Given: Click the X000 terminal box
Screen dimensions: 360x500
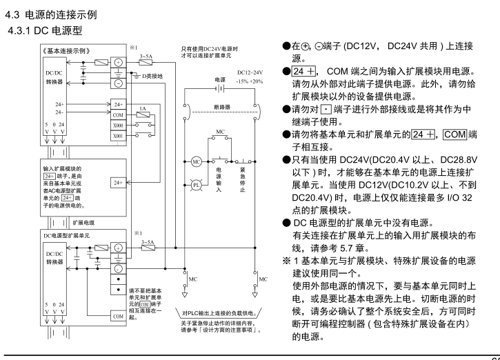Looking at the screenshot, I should (x=117, y=126).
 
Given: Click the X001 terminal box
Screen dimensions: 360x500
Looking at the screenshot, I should (x=117, y=137).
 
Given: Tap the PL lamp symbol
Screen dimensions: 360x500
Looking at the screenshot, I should (x=196, y=186).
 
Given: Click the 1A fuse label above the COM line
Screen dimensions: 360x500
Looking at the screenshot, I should (x=142, y=109).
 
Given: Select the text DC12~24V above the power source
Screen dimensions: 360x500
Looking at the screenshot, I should (x=248, y=72).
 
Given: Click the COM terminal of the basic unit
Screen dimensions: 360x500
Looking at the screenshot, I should (x=117, y=115).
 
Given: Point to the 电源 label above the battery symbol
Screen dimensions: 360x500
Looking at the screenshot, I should (x=221, y=80).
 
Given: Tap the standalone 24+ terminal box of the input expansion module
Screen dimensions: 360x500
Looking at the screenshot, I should (x=117, y=183).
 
